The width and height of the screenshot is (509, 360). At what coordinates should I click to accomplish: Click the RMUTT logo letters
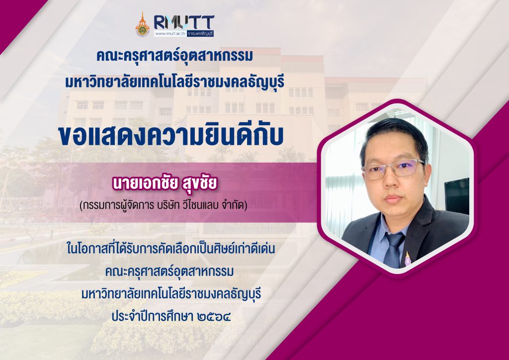(x=184, y=22)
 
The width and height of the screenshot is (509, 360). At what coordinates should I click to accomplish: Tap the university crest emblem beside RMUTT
(x=143, y=25)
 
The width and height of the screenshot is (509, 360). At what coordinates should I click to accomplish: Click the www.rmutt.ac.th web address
(x=170, y=33)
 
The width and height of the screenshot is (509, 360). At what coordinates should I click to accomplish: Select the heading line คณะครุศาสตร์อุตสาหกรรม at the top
(x=174, y=56)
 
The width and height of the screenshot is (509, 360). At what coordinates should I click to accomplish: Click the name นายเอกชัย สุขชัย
(x=164, y=183)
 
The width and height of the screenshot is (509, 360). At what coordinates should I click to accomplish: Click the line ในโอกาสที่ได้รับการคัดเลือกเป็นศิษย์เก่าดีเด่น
(x=171, y=249)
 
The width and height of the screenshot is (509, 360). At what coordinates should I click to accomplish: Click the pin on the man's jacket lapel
(x=408, y=259)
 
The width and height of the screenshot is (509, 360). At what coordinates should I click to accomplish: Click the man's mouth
(x=393, y=199)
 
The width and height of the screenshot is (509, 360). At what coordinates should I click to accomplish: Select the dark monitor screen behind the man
(x=457, y=196)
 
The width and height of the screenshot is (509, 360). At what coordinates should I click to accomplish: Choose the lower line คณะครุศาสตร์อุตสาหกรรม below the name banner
(x=170, y=271)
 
